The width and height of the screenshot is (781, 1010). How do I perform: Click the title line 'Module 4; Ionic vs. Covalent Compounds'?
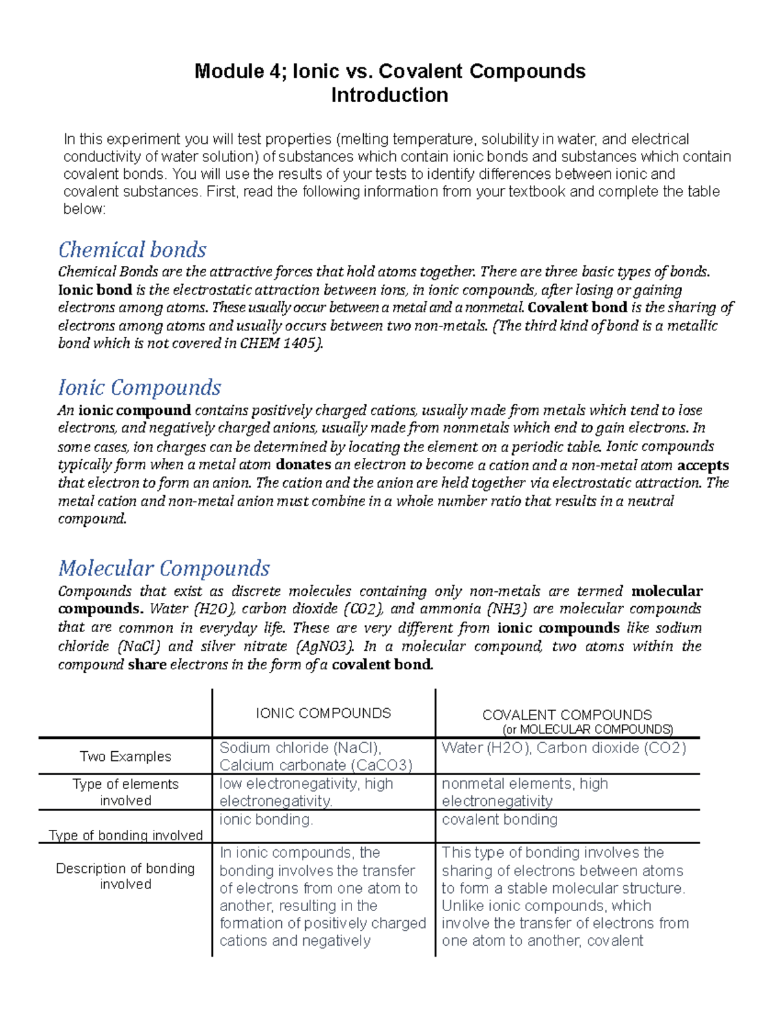390,71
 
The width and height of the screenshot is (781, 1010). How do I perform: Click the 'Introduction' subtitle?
389,95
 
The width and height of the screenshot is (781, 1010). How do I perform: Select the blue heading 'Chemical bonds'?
132,250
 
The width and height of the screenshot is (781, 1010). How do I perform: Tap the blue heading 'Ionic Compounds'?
139,388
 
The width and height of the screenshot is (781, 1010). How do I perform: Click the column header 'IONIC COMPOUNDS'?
323,713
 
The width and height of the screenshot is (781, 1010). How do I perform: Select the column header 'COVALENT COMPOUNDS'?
567,715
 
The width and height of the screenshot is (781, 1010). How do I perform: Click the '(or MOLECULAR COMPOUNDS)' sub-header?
588,729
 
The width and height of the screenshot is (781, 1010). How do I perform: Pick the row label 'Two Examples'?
126,756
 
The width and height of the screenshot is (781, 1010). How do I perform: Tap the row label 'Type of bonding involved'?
126,835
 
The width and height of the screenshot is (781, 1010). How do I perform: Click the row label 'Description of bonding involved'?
126,876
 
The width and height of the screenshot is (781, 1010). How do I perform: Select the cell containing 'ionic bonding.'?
266,819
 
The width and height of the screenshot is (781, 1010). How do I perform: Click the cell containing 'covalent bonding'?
499,819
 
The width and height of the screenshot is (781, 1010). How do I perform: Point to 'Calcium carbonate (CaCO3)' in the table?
316,765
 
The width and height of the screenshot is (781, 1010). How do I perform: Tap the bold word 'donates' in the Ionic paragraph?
303,465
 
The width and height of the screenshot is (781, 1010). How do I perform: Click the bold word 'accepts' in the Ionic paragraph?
703,465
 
